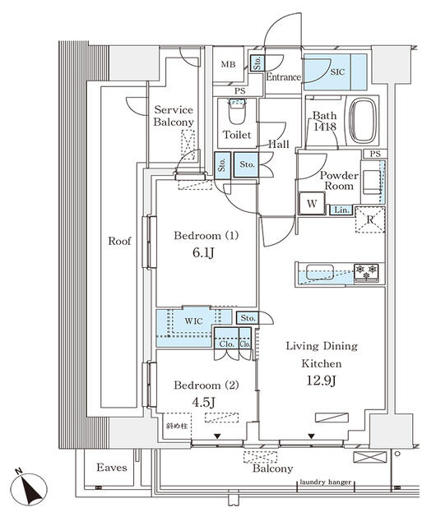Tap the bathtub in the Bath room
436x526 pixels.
pos(363,120)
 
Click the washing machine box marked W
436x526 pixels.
pos(312,203)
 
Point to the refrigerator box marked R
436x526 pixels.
pos(371,219)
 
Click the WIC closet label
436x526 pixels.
pos(194,321)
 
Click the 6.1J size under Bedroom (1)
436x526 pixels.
pos(205,255)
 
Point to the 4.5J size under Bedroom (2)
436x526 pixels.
pos(205,402)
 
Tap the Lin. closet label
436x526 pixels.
pos(341,210)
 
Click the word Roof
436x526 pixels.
pos(121,242)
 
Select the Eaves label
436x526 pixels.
pos(111,468)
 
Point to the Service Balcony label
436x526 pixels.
pos(174,116)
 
